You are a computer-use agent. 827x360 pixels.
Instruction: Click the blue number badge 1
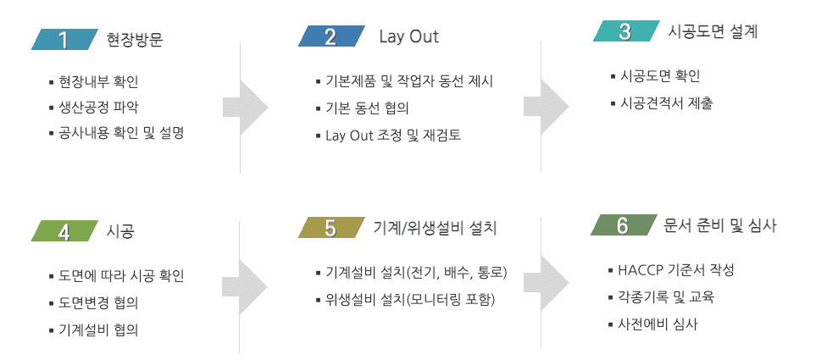(63, 40)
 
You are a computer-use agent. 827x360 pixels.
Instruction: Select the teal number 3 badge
(625, 32)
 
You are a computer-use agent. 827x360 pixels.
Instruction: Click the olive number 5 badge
(330, 228)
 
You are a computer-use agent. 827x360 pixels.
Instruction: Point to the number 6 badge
(623, 225)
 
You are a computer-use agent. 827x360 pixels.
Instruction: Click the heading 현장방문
(135, 40)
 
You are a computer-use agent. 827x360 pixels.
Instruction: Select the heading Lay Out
(408, 37)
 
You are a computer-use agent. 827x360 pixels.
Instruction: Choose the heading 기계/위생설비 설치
(435, 228)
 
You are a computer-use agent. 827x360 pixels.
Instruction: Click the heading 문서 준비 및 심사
(720, 225)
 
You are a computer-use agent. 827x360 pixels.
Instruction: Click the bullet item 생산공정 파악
(98, 107)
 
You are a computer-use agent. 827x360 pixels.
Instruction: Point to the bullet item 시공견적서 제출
(666, 103)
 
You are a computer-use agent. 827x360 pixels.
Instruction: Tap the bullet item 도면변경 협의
(98, 302)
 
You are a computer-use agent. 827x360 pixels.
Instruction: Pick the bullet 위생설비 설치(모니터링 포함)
(409, 300)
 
